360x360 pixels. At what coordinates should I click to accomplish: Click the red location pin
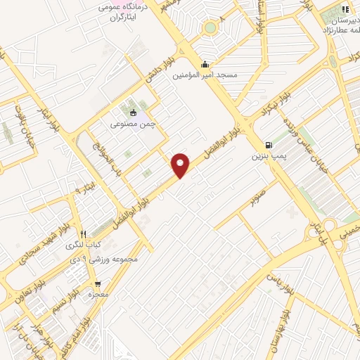pyautogui.click(x=181, y=165)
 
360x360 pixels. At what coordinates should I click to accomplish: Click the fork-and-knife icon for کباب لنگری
pyautogui.click(x=83, y=235)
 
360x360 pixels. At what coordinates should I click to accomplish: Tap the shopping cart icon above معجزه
pyautogui.click(x=97, y=284)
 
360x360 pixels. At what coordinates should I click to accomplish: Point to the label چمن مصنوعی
pyautogui.click(x=131, y=123)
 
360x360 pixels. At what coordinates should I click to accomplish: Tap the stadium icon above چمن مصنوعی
pyautogui.click(x=132, y=112)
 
